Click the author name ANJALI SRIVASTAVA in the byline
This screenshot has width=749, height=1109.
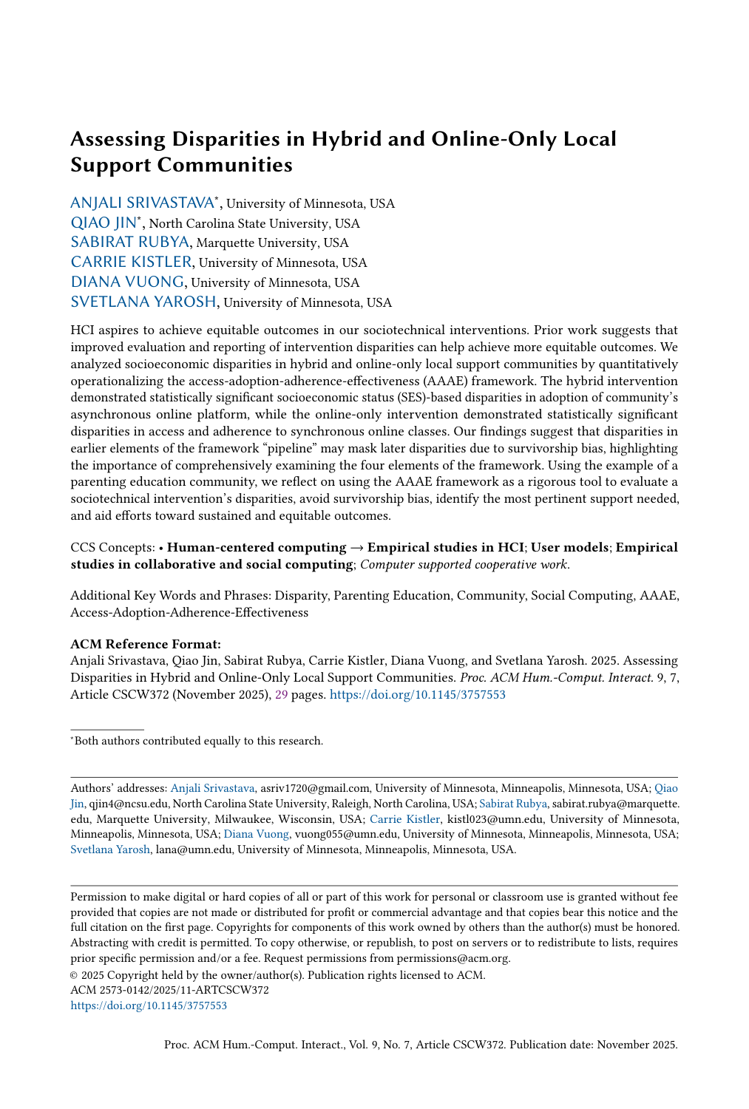pos(141,203)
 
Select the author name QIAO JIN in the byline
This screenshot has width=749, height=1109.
pos(104,223)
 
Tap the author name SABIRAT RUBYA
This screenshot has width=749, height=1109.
pos(129,243)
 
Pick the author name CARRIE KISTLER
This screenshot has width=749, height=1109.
pos(131,262)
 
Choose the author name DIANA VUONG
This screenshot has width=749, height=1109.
pos(126,282)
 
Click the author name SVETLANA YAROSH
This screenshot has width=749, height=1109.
pos(143,302)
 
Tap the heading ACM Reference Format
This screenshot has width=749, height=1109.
pos(145,644)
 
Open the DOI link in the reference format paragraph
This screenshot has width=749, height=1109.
pos(417,695)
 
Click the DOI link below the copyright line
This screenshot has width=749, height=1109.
pos(149,1005)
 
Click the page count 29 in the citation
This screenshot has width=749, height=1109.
pos(282,695)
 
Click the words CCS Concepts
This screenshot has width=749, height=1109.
pos(112,548)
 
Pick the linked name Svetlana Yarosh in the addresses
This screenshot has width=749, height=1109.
pos(110,849)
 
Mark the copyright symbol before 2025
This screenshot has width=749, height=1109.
pos(74,975)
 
